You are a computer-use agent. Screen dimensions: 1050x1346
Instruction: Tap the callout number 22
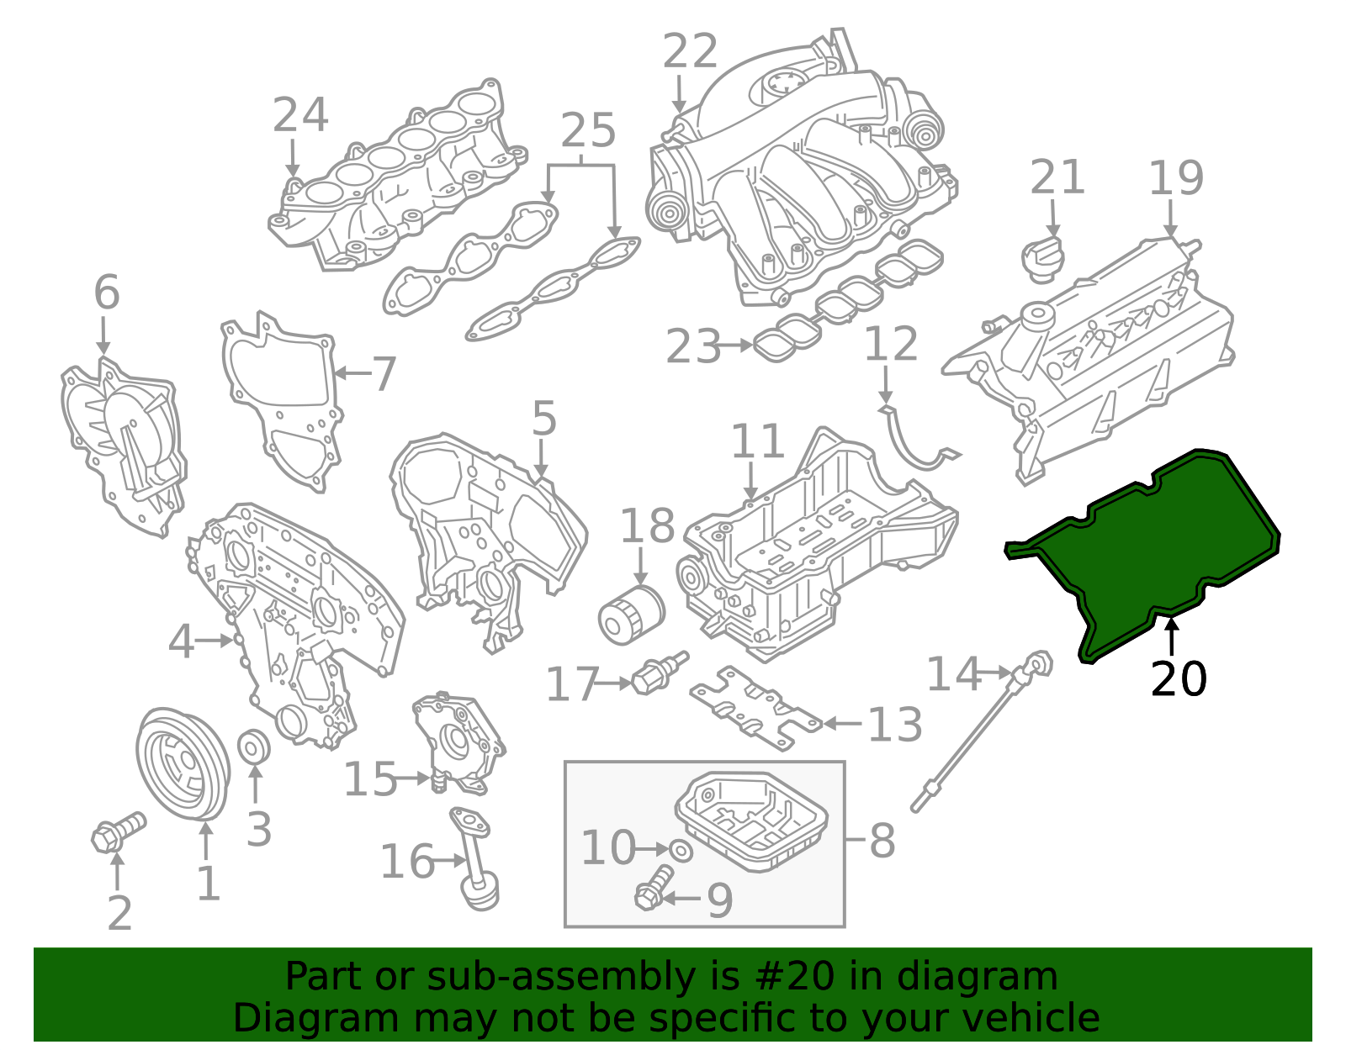click(690, 52)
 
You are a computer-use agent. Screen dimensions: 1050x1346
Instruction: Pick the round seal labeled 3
click(254, 747)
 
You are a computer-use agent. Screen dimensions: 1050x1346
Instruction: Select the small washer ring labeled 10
click(682, 850)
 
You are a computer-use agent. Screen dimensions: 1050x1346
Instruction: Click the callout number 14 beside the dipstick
click(953, 674)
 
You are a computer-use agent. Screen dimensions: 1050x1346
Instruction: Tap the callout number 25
click(588, 131)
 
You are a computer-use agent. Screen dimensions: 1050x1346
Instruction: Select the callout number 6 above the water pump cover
click(107, 293)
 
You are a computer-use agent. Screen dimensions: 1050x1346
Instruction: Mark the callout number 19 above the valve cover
click(1175, 178)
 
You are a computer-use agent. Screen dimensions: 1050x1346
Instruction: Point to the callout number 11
click(757, 441)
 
